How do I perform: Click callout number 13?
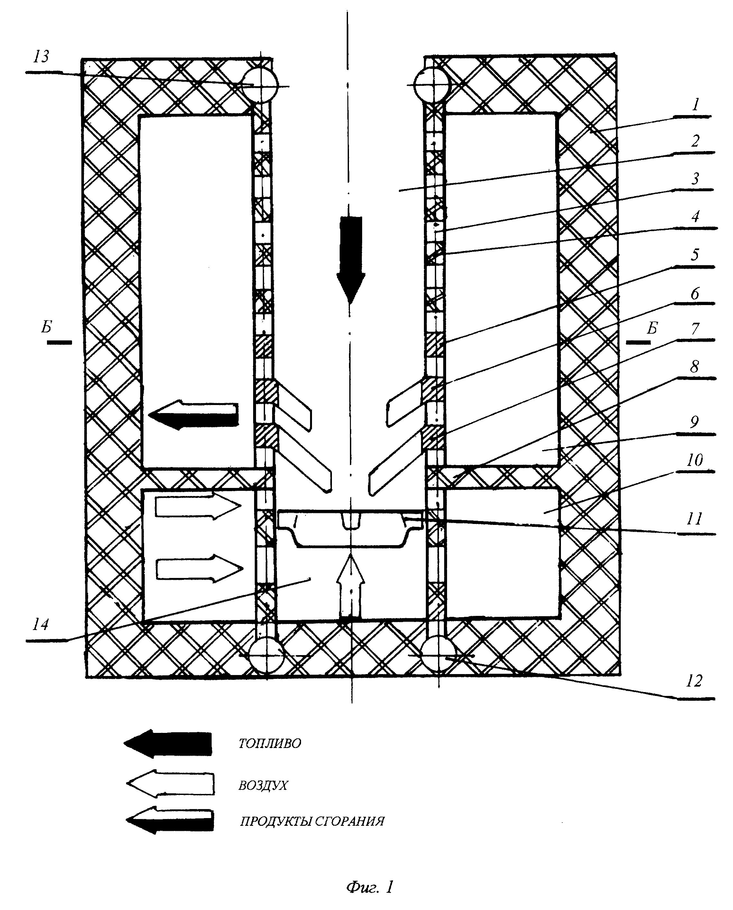coord(41,56)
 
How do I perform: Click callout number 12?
coord(694,681)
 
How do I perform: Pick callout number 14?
coord(41,624)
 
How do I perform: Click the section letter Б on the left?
coord(46,327)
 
